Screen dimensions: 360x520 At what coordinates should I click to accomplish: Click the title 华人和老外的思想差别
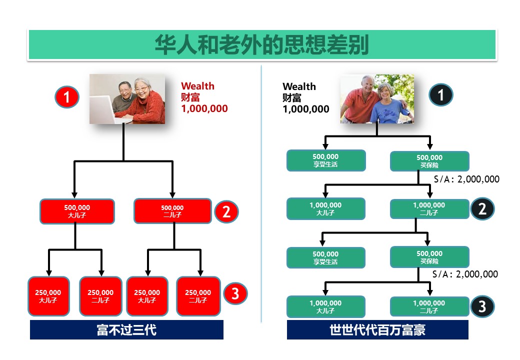tap(261, 44)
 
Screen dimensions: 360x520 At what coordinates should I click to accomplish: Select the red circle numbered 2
tap(226, 211)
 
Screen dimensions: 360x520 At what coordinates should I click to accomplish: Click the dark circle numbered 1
tap(441, 94)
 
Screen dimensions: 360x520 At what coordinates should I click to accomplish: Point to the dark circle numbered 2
tap(482, 208)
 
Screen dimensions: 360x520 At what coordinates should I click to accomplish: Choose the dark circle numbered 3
tap(482, 306)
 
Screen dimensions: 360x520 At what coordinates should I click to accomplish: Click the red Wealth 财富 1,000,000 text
tap(204, 97)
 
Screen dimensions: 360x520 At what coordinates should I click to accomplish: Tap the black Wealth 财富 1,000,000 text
tap(305, 98)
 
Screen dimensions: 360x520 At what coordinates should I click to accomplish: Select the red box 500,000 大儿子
tap(77, 211)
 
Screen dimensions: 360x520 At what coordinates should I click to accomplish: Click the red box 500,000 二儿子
tap(172, 211)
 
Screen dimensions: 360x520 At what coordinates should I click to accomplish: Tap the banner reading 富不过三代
tap(126, 330)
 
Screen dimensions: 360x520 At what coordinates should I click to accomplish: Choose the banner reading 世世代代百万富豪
tap(377, 330)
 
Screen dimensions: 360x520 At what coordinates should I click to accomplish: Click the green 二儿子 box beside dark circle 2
tap(429, 209)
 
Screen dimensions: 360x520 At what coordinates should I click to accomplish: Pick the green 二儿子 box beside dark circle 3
tap(429, 306)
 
